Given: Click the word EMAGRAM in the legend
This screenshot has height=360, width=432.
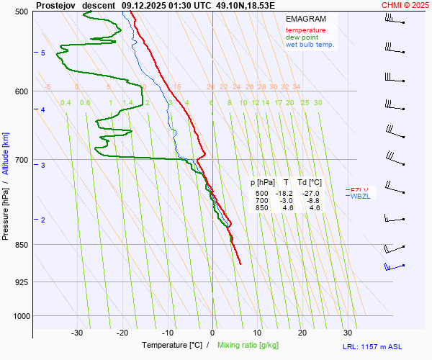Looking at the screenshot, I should point(305,18).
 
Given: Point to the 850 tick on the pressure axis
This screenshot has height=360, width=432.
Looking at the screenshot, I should point(20,245).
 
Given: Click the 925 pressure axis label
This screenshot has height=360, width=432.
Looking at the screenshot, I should point(20,282).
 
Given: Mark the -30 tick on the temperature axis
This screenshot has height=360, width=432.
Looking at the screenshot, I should point(77,333).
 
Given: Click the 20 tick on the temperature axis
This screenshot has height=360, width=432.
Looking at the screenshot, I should point(302,333).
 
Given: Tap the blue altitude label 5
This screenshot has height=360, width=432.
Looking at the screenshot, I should point(43,53).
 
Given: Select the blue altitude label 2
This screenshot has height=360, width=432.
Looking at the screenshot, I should point(43,220).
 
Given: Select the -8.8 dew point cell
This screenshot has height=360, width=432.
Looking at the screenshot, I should point(312,201).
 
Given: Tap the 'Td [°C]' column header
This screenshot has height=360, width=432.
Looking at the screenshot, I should point(310,183).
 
